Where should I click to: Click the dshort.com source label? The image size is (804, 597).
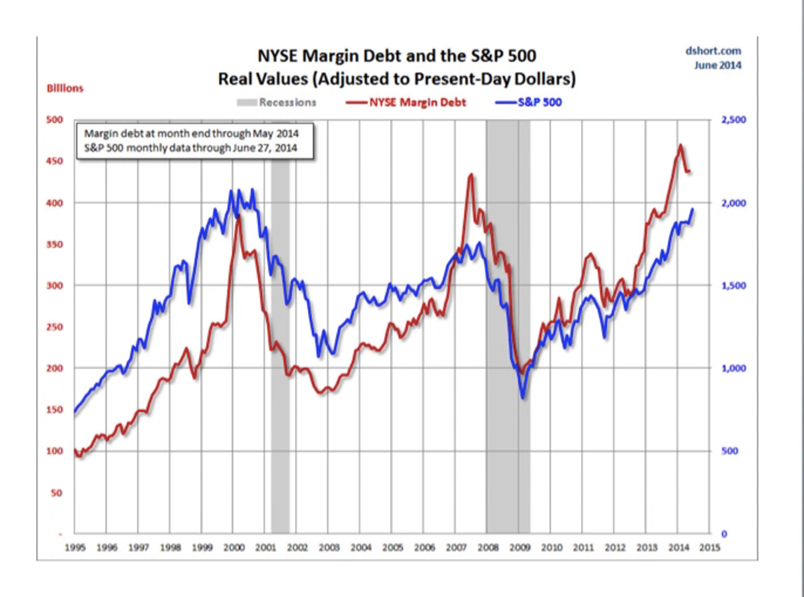713,51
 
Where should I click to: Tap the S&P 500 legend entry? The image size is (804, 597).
539,102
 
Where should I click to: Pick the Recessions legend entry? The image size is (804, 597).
287,102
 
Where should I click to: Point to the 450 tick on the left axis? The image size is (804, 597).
55,161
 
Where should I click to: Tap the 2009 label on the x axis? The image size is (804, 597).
519,548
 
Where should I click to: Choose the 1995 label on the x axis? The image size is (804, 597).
75,548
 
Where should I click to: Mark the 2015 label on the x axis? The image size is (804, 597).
710,548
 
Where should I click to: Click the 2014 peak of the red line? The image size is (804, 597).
680,146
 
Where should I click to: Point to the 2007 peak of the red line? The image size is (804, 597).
471,175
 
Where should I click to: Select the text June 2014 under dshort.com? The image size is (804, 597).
718,65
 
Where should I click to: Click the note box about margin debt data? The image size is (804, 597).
195,141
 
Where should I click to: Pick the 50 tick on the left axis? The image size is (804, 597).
56,493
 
